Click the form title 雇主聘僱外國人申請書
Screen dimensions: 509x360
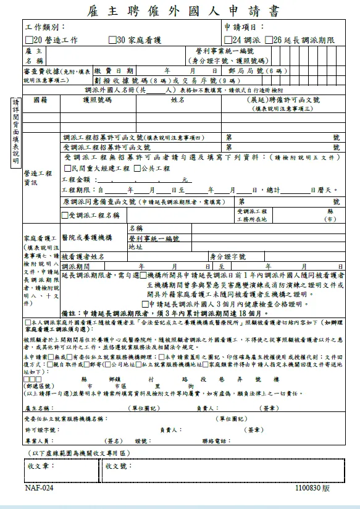[180, 11]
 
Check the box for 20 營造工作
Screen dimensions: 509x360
[29, 40]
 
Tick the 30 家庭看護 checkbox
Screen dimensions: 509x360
[112, 40]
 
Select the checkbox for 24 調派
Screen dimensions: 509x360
[228, 40]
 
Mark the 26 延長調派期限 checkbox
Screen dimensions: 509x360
[268, 40]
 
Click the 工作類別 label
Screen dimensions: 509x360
[44, 28]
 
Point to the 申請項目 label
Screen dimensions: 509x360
[245, 28]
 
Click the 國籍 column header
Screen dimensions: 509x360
[40, 99]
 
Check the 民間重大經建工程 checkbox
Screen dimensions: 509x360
[67, 168]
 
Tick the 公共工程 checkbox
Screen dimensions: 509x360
[136, 168]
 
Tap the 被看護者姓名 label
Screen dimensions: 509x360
[84, 256]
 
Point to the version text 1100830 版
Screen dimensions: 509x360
[312, 488]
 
